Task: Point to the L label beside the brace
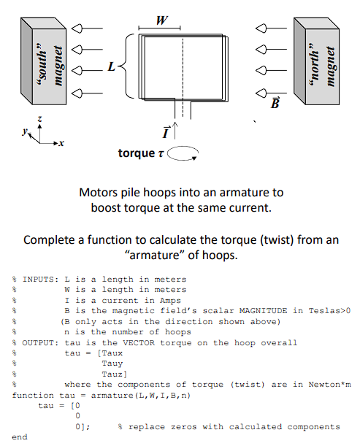(111, 67)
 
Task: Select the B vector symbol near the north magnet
(275, 102)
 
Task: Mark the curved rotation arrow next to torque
(183, 153)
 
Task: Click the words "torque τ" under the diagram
(141, 153)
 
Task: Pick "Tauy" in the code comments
(113, 363)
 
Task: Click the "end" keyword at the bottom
(20, 437)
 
